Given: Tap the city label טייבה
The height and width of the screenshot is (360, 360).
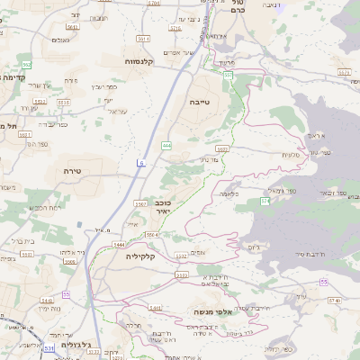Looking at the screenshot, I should [200, 103].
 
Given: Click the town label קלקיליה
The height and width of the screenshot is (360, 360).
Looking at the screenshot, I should [136, 256].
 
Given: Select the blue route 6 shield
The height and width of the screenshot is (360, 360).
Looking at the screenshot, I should [140, 162].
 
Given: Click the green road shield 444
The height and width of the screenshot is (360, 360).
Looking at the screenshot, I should [166, 144].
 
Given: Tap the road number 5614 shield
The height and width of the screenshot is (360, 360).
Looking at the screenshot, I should [143, 39].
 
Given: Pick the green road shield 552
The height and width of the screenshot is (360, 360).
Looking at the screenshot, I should [27, 65].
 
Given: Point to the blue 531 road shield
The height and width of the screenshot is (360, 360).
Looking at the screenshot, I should [49, 346].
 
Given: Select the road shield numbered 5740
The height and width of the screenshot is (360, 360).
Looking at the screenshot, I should [175, 28].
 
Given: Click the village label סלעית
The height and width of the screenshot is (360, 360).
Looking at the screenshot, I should [290, 154].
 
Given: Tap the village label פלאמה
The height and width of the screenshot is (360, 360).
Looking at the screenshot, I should [230, 193].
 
